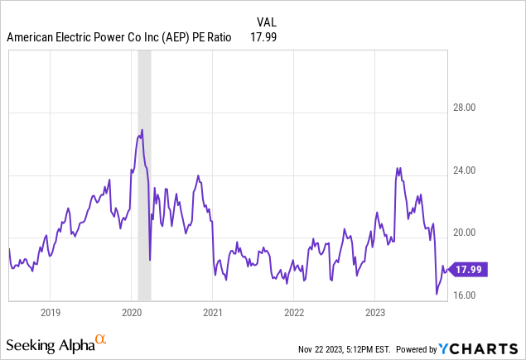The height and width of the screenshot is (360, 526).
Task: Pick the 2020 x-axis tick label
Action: pos(133,313)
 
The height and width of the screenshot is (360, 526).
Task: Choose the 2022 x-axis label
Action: pos(294,313)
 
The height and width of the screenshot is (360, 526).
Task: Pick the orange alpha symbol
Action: pos(101,339)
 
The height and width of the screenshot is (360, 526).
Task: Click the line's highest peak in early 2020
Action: pos(142,130)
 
